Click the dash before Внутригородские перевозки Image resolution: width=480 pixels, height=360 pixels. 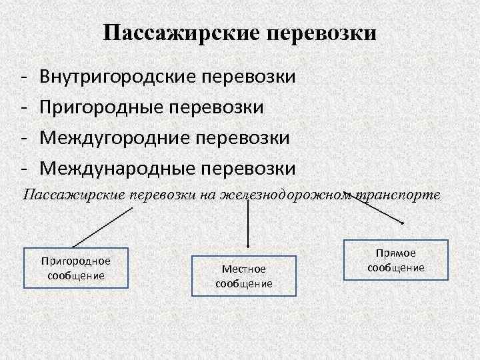[23, 77]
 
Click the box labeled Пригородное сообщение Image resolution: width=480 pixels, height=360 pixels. [76, 268]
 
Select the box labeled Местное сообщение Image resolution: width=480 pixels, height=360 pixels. [243, 275]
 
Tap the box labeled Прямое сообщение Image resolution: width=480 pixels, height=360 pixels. [395, 260]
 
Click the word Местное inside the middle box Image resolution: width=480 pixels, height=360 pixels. [244, 269]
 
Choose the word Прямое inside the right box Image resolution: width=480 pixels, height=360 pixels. [396, 253]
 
